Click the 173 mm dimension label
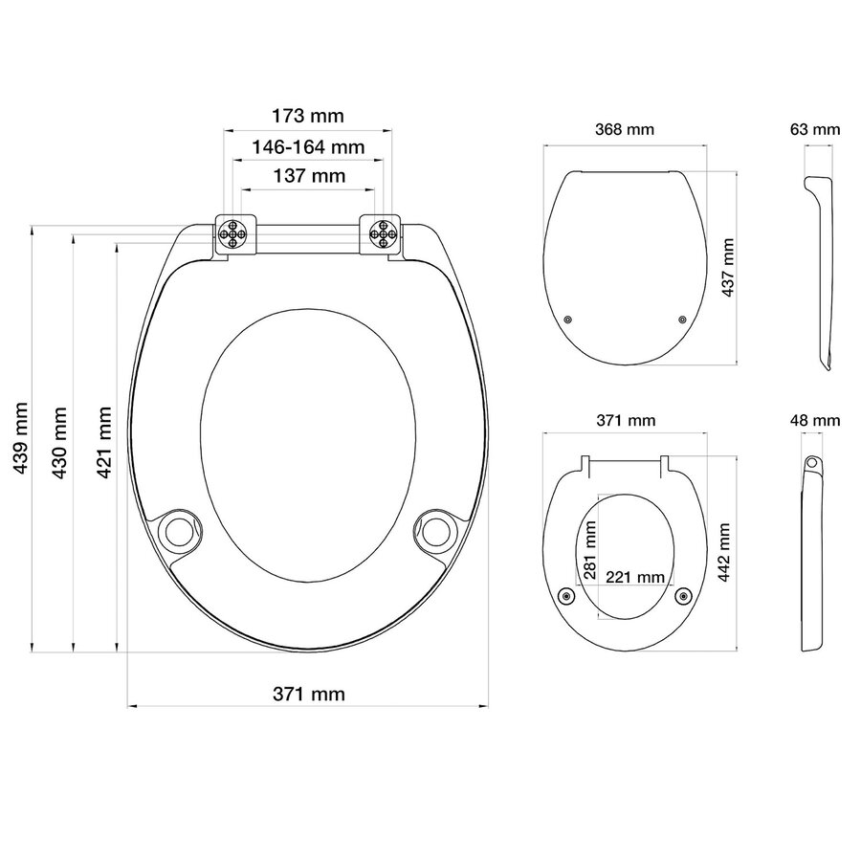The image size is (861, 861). [307, 117]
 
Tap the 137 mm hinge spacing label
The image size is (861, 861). [307, 176]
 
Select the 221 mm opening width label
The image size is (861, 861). [634, 576]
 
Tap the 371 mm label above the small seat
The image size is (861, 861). [627, 420]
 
